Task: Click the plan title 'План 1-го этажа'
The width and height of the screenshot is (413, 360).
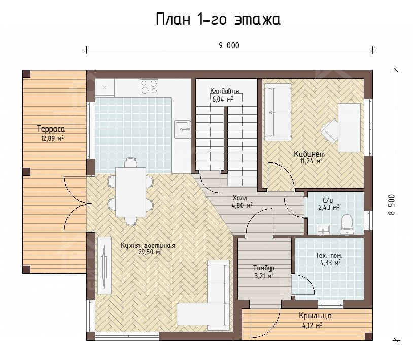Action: [218, 19]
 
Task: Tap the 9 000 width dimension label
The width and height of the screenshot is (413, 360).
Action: [229, 46]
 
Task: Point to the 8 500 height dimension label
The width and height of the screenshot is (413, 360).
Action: [392, 205]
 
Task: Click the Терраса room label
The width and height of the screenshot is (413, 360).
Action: [51, 129]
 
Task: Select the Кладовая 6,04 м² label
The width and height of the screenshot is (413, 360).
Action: [224, 95]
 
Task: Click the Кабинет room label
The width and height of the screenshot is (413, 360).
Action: [309, 154]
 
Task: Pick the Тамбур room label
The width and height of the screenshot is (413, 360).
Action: [264, 268]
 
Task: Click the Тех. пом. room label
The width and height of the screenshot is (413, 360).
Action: [329, 255]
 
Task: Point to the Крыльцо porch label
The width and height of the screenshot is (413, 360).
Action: [315, 315]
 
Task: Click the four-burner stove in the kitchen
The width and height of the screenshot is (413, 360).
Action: [149, 87]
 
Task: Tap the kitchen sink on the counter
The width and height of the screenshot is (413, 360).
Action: [182, 129]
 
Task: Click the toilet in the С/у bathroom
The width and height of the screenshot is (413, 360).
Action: [347, 224]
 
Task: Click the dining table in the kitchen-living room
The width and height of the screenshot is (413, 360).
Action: [130, 192]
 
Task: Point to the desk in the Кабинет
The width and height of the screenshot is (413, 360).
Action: [349, 127]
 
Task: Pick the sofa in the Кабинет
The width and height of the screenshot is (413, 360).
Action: [278, 112]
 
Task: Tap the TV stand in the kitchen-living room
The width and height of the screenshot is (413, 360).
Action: [105, 266]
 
